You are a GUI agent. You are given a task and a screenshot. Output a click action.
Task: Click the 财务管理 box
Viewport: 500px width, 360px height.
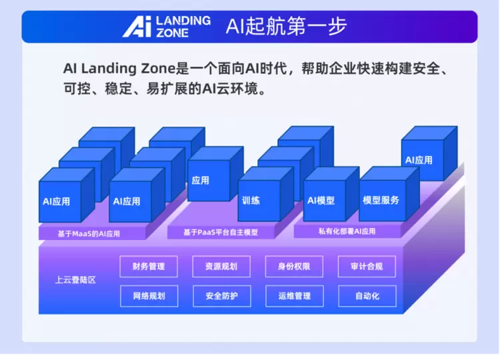pyautogui.click(x=149, y=266)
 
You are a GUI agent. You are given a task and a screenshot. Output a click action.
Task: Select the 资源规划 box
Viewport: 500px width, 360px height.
pyautogui.click(x=221, y=266)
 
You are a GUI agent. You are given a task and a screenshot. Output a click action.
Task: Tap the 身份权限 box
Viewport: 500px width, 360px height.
pyautogui.click(x=294, y=266)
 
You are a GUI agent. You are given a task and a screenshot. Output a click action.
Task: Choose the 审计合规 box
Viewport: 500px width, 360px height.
pyautogui.click(x=367, y=266)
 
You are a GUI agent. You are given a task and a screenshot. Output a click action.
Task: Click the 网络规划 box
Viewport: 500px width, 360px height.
pyautogui.click(x=149, y=296)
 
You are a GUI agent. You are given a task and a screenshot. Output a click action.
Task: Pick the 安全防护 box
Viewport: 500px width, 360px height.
pyautogui.click(x=221, y=296)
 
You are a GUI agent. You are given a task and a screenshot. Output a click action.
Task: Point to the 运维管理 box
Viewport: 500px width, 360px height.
pyautogui.click(x=294, y=296)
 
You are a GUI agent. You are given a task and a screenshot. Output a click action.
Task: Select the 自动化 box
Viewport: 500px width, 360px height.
pyautogui.click(x=367, y=296)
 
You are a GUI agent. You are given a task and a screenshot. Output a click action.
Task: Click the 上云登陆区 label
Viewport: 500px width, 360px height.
pyautogui.click(x=75, y=280)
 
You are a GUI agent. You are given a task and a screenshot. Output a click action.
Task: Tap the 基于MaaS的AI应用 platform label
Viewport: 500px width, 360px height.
pyautogui.click(x=89, y=234)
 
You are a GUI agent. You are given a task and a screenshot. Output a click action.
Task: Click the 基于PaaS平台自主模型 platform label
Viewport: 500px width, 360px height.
pyautogui.click(x=221, y=232)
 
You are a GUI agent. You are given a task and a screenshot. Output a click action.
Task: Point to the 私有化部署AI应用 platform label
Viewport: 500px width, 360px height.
pyautogui.click(x=347, y=231)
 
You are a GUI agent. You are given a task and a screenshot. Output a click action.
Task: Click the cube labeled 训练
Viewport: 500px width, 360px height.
pyautogui.click(x=265, y=194)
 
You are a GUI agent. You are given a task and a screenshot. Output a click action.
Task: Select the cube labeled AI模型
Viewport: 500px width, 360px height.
pyautogui.click(x=331, y=194)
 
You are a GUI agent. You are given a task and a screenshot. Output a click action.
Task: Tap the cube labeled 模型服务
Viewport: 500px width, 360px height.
pyautogui.click(x=389, y=194)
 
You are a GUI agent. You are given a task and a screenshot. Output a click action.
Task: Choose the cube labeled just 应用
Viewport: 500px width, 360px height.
pyautogui.click(x=215, y=174)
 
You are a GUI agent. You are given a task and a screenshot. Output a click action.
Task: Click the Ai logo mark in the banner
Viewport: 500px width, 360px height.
pyautogui.click(x=137, y=27)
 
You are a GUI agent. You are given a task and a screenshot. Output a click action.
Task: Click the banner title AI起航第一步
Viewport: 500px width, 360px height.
pyautogui.click(x=286, y=26)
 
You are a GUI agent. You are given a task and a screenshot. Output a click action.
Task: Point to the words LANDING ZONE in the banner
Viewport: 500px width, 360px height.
pyautogui.click(x=183, y=27)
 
